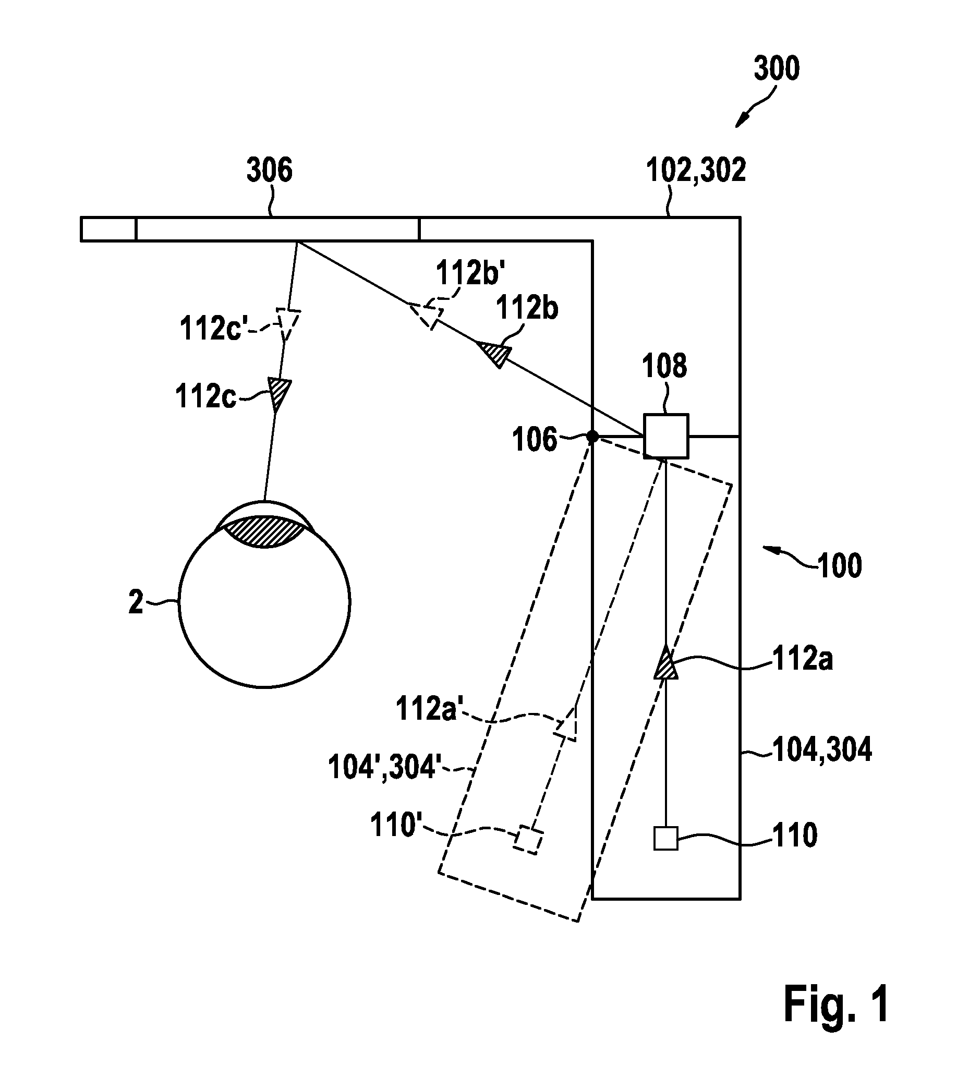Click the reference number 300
click(x=776, y=69)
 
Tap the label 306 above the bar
click(x=270, y=171)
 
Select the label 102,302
click(x=696, y=170)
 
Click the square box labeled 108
click(x=665, y=436)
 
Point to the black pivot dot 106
click(x=593, y=437)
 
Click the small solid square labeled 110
click(x=665, y=838)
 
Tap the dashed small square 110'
click(x=529, y=839)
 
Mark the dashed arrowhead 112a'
click(x=567, y=724)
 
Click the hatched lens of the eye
click(x=265, y=531)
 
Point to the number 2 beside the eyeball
click(x=136, y=602)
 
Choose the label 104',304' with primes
click(x=381, y=767)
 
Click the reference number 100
click(x=840, y=565)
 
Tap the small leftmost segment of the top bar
click(x=108, y=229)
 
